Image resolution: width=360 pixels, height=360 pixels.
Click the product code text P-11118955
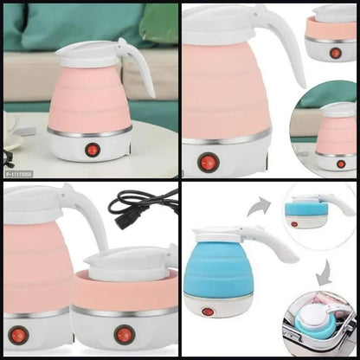click(19, 173)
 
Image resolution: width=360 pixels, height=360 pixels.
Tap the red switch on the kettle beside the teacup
click(93, 149)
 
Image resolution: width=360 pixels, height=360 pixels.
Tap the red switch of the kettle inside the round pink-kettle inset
click(340, 164)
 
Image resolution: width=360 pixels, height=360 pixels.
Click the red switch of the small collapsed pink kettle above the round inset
click(334, 53)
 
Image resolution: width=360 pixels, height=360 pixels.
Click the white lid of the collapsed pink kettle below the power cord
click(130, 264)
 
